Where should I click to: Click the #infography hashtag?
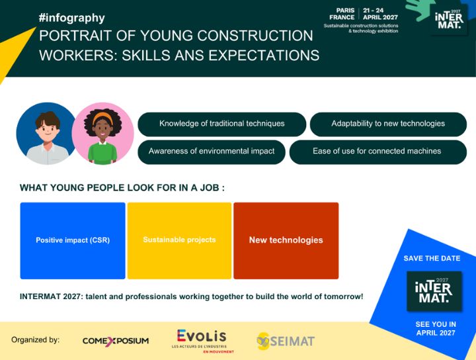coord(71,18)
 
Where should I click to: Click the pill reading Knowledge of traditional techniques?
coord(221,124)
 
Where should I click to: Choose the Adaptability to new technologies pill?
coord(387,124)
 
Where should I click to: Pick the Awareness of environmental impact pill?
coord(211,152)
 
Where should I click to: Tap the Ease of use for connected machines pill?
coord(376,152)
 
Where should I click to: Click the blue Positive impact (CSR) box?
coord(73,240)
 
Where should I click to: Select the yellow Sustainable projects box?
coord(179,240)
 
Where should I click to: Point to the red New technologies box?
coord(286,240)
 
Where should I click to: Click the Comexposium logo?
coord(116,341)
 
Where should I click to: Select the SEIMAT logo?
coord(286,341)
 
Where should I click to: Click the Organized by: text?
coord(35,340)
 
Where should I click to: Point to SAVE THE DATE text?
coord(432,258)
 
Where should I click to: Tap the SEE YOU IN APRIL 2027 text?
coord(435,328)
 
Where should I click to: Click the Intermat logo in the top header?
coord(449,20)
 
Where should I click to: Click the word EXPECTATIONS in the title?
coord(264,55)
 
